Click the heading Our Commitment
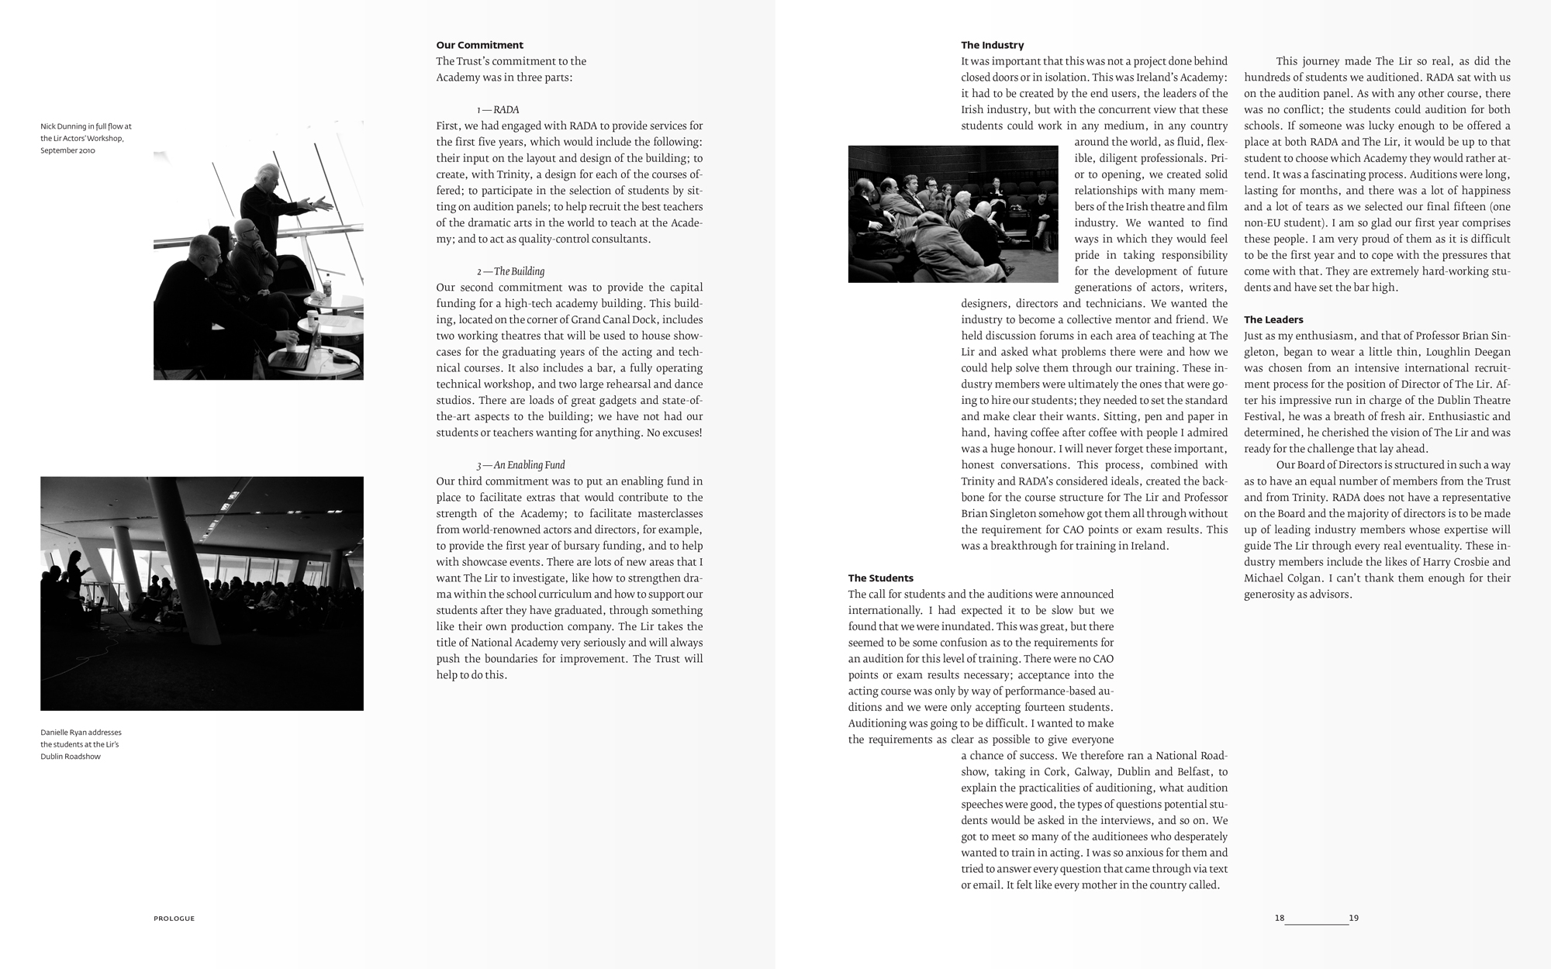pyautogui.click(x=479, y=45)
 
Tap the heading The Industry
pyautogui.click(x=992, y=45)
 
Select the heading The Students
pyautogui.click(x=880, y=578)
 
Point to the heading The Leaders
pyautogui.click(x=1273, y=319)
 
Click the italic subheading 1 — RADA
pyautogui.click(x=498, y=109)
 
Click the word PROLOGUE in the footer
pyautogui.click(x=174, y=919)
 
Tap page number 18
pyautogui.click(x=1279, y=919)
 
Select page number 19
pyautogui.click(x=1354, y=919)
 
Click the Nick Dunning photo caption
pyautogui.click(x=85, y=138)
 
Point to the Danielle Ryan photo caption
pyautogui.click(x=81, y=744)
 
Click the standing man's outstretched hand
pyautogui.click(x=324, y=204)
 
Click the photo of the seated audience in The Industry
pyautogui.click(x=952, y=214)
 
